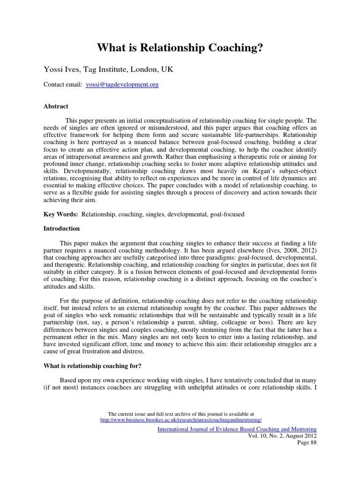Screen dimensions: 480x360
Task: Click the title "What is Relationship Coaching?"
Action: [180, 48]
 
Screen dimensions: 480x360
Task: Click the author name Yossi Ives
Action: [60, 69]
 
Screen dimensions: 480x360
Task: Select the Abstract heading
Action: [56, 106]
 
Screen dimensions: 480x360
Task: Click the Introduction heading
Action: [61, 229]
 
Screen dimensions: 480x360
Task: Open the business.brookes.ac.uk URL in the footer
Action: [181, 420]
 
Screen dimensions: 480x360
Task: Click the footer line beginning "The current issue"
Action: [181, 414]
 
